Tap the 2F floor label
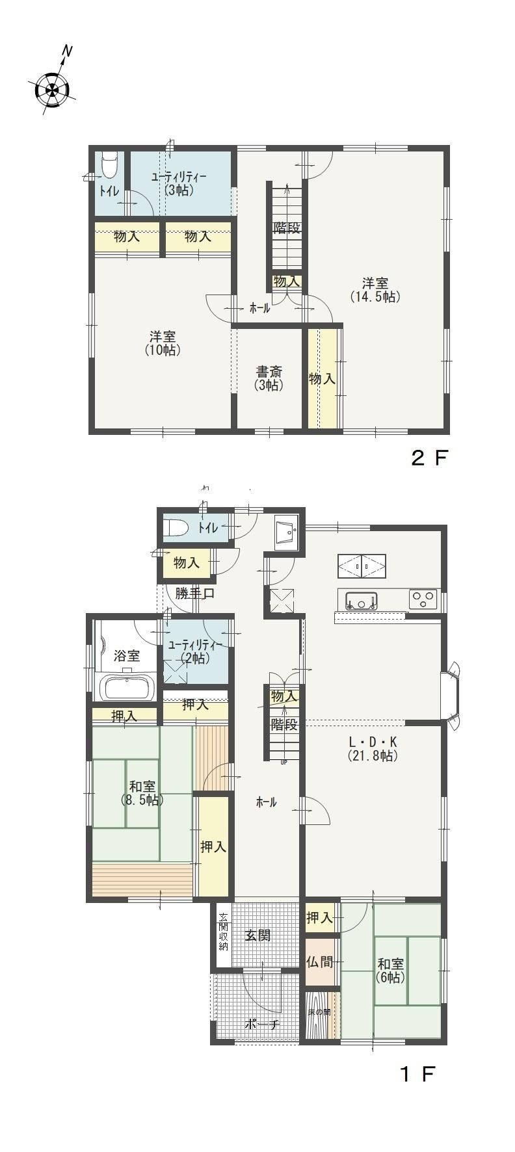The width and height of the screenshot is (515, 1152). (429, 458)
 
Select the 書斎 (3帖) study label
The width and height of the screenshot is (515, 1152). (269, 378)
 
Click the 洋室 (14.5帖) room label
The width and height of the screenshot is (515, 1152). (375, 290)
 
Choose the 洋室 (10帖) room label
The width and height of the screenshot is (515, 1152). (163, 343)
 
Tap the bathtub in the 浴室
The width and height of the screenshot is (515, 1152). (127, 688)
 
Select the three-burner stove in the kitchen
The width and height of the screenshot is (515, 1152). (423, 599)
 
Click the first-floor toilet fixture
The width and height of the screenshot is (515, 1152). (176, 528)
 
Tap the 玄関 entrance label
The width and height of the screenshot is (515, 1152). (257, 936)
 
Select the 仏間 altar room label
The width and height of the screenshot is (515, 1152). (320, 962)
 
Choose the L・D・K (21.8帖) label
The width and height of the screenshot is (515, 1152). (373, 748)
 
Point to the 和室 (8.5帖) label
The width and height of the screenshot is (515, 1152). (142, 792)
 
